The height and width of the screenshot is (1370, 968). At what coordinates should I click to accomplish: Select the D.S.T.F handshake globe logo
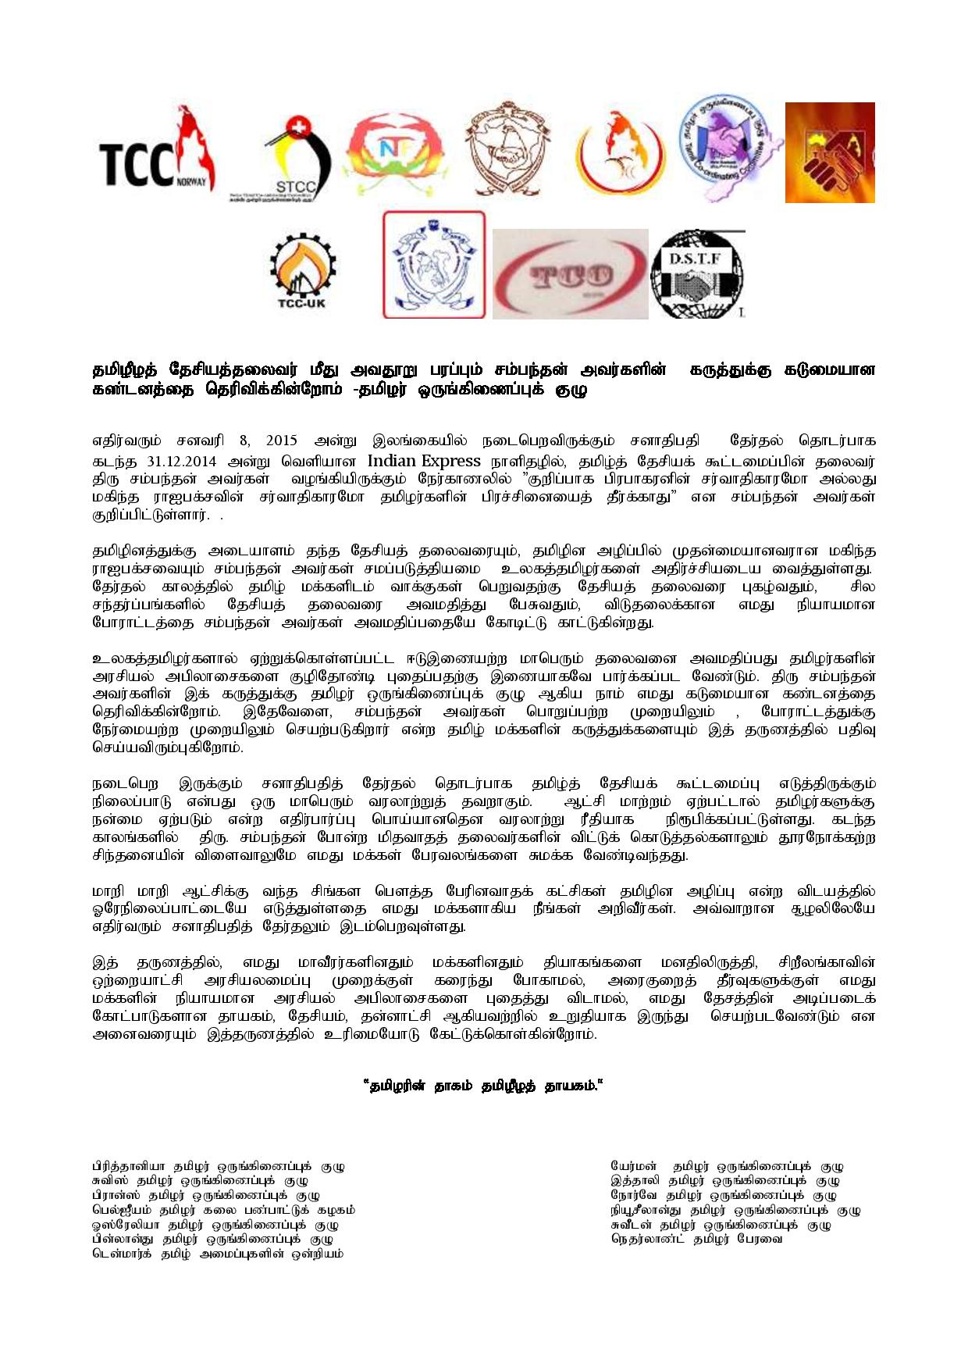click(x=696, y=273)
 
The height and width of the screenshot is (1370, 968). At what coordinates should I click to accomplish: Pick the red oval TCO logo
click(x=570, y=273)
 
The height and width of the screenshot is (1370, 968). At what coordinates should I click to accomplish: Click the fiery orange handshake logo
click(x=829, y=152)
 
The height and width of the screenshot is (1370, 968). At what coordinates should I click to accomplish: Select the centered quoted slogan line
click(x=483, y=1086)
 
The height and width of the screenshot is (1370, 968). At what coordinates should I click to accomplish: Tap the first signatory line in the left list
click(x=219, y=1166)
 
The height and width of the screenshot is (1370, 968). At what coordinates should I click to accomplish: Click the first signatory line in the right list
click(x=727, y=1166)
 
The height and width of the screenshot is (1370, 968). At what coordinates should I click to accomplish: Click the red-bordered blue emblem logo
click(x=434, y=265)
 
